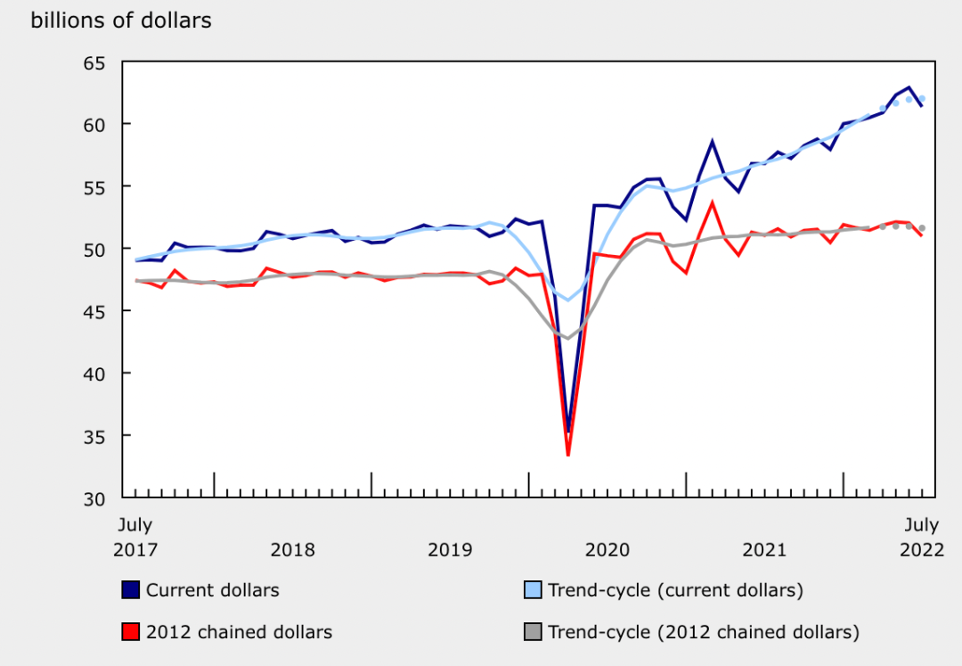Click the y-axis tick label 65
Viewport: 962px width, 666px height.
click(94, 62)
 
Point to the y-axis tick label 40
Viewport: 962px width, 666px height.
click(94, 373)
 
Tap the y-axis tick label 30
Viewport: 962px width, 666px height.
click(94, 497)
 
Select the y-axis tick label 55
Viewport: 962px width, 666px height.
click(94, 186)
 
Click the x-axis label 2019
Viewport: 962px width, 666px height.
click(450, 549)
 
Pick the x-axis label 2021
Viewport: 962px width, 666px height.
click(764, 549)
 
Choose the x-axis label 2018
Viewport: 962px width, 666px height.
click(292, 549)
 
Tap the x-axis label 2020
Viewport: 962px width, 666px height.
click(607, 549)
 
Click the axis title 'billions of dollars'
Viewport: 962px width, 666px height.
click(121, 21)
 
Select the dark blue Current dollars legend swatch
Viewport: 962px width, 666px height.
click(130, 590)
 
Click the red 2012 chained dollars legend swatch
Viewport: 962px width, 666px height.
click(130, 632)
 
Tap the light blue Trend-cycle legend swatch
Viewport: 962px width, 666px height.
click(532, 590)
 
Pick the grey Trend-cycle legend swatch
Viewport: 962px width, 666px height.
click(532, 632)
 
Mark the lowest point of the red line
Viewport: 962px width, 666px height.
click(568, 455)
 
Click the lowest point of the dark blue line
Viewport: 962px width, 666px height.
click(568, 431)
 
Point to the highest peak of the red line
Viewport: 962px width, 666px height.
click(713, 202)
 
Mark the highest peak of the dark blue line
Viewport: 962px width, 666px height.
click(909, 87)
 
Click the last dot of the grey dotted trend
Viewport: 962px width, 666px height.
click(922, 228)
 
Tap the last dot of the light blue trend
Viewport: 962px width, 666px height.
click(922, 98)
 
